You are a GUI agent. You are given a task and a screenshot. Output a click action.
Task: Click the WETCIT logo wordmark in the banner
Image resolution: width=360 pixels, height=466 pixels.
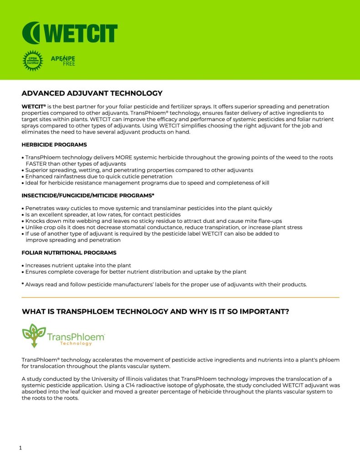coord(70,33)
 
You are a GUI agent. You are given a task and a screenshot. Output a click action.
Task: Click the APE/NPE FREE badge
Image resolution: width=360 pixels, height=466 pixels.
coord(63,61)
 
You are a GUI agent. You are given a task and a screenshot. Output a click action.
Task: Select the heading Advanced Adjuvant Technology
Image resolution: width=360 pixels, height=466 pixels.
coord(92,93)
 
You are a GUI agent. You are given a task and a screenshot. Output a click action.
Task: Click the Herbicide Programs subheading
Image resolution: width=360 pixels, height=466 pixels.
coord(54,145)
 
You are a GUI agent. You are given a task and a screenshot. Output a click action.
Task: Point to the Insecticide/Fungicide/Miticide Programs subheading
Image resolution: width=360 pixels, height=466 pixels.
coord(88,196)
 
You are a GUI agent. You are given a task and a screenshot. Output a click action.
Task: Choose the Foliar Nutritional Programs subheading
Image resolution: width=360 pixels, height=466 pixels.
coord(69,253)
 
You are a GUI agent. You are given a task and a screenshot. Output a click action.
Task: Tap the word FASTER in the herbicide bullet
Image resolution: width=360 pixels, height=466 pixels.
coord(37,164)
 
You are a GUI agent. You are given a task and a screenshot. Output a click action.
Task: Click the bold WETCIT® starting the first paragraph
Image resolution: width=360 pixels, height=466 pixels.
coord(33,107)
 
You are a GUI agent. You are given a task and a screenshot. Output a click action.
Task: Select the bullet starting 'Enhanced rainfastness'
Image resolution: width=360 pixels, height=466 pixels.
coord(98,176)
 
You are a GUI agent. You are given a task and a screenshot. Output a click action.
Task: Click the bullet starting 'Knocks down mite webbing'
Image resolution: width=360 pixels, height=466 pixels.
coord(153,221)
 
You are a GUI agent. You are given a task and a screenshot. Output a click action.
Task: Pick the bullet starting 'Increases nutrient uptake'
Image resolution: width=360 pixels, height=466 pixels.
coord(78,266)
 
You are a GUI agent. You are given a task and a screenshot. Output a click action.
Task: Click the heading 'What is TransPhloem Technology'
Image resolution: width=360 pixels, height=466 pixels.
coord(155,312)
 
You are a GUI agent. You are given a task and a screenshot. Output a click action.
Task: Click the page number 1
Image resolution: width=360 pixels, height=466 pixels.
coord(20,448)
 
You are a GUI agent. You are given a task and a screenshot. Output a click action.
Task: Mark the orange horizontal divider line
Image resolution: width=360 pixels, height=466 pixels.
coord(180,297)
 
